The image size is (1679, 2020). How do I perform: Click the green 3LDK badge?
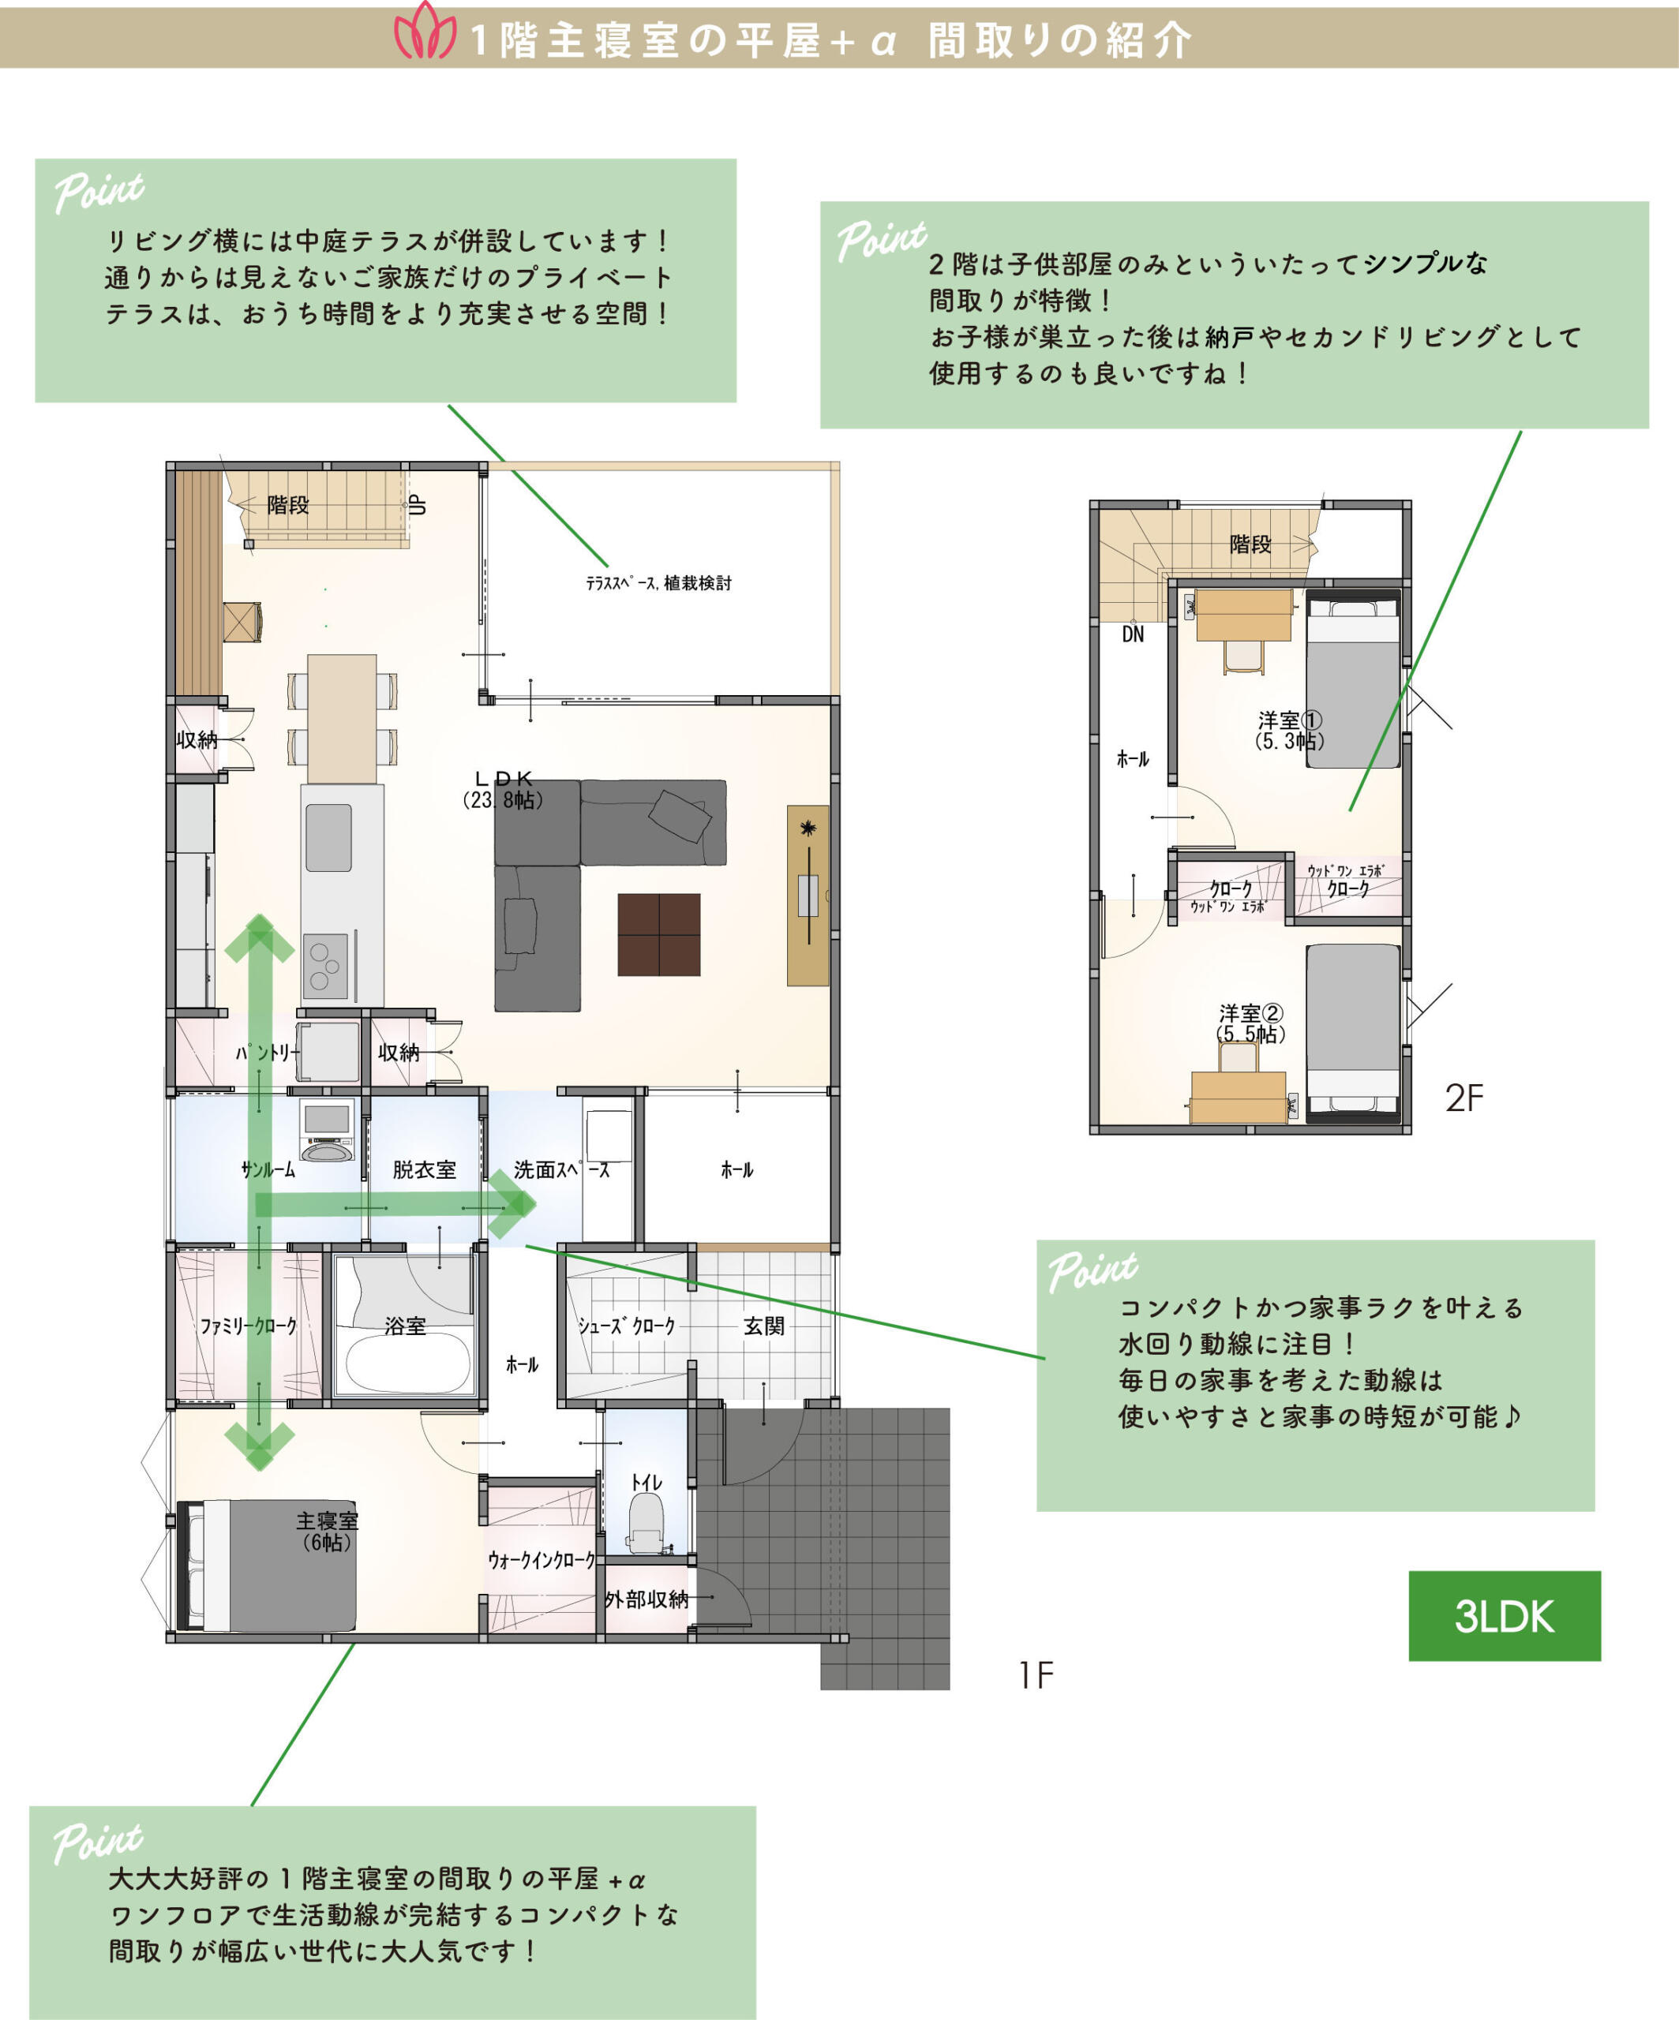click(1504, 1616)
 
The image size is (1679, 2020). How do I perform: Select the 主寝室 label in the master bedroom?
click(326, 1520)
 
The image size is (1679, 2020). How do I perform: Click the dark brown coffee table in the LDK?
click(659, 934)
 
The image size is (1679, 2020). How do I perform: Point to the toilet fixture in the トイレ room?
click(646, 1522)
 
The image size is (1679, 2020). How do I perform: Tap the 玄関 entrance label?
click(764, 1326)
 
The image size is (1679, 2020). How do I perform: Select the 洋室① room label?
click(1289, 720)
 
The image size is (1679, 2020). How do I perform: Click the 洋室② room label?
click(1251, 1013)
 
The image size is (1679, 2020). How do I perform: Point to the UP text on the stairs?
click(418, 505)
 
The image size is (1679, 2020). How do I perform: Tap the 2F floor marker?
click(1464, 1098)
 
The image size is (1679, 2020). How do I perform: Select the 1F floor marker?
click(1036, 1674)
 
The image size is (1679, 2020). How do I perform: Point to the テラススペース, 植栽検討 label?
click(659, 583)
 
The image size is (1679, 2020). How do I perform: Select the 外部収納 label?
click(646, 1599)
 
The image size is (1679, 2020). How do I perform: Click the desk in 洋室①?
click(1243, 615)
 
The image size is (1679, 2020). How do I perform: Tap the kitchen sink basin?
click(328, 837)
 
